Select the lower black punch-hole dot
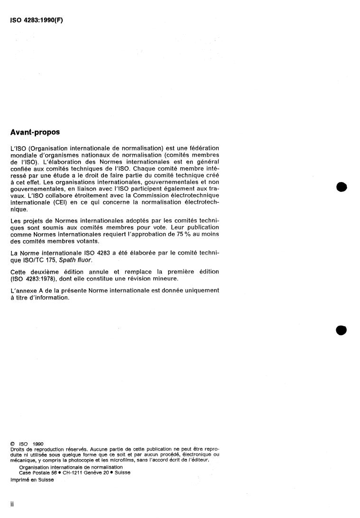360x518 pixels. tap(341, 330)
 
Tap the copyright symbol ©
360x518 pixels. tap(12, 444)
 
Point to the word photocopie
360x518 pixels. tap(95, 460)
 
